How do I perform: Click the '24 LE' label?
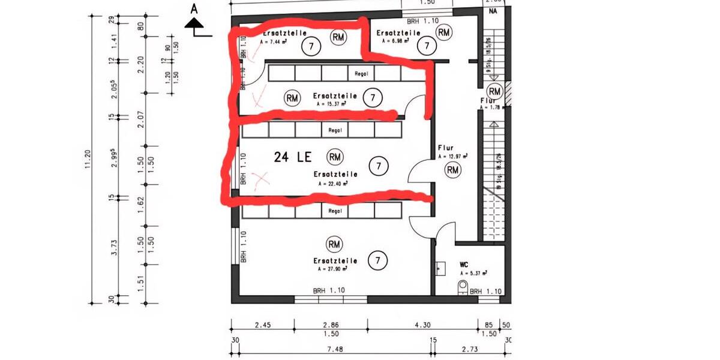pos(293,157)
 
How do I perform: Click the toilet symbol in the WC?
pos(463,284)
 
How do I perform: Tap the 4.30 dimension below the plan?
pos(422,325)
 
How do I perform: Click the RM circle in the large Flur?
pos(452,170)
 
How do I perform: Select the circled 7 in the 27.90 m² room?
pos(378,260)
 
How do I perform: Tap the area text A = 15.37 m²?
pos(331,104)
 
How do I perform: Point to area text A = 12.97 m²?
pos(452,156)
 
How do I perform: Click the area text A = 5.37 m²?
pos(473,273)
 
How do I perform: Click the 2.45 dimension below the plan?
pos(262,325)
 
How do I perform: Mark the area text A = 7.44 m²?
pos(275,43)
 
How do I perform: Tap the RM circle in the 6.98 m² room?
pos(444,32)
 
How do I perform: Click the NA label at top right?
pos(494,11)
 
